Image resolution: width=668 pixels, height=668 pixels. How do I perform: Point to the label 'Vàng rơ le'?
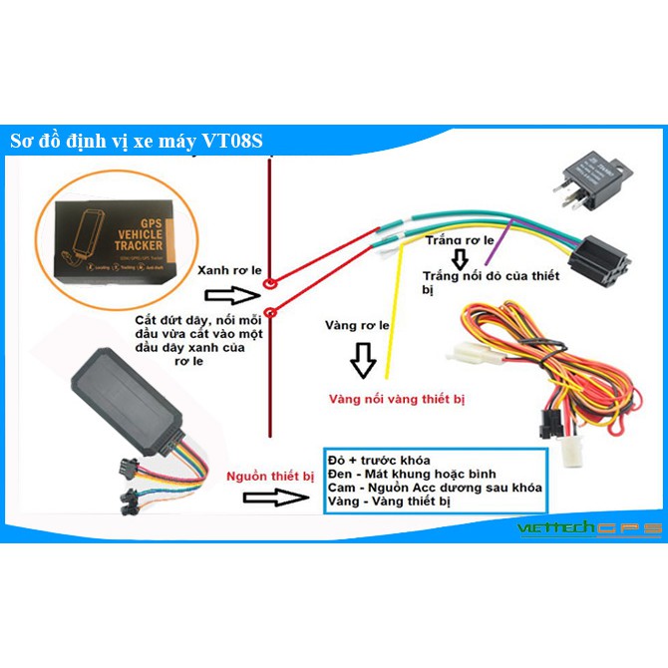pyautogui.click(x=357, y=325)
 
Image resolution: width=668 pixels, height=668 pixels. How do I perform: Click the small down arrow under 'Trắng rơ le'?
pyautogui.click(x=460, y=259)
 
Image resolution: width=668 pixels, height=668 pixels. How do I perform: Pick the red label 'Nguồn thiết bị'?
pyautogui.click(x=269, y=477)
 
